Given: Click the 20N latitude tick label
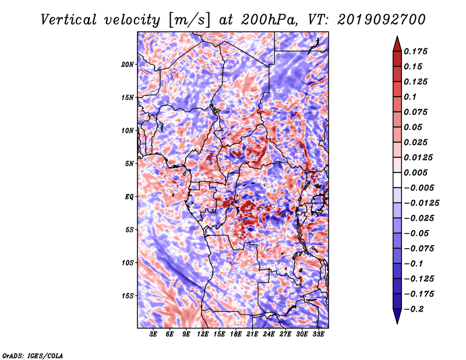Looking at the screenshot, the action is tap(128, 64).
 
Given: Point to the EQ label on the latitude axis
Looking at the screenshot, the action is tap(129, 196).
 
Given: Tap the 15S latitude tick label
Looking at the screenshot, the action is tap(128, 296).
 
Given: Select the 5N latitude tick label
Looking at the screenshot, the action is tap(129, 164).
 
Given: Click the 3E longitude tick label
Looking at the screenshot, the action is tap(153, 334).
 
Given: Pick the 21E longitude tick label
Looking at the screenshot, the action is tap(252, 334).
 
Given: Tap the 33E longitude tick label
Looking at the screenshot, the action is tap(318, 334).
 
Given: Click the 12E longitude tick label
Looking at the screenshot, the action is tap(203, 334).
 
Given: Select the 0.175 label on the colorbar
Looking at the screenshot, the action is tap(415, 51).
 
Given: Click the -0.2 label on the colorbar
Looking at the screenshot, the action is tap(414, 309).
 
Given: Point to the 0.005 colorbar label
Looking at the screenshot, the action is tap(415, 172).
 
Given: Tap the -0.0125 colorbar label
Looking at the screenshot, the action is tap(421, 203).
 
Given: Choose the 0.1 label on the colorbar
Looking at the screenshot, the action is tap(410, 97).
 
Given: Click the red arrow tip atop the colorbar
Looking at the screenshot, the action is tap(397, 37).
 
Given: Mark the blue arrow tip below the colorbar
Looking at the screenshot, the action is tap(397, 323).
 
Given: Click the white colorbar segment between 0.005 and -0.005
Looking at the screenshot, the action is tap(397, 180).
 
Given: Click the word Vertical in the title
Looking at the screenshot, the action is tap(69, 20).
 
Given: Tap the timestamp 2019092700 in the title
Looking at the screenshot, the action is tap(382, 20).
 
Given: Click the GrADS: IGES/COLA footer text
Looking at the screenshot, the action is tap(33, 355).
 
